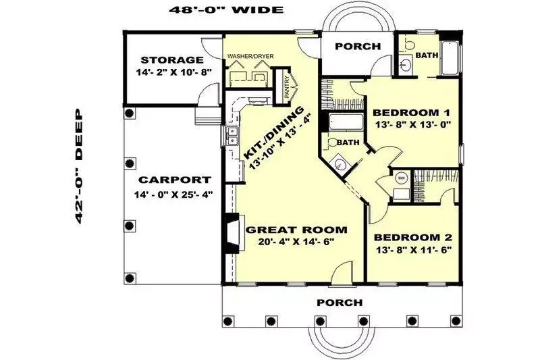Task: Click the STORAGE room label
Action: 172,60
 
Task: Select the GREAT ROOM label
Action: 296,230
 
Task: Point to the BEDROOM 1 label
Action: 412,113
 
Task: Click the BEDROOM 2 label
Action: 413,237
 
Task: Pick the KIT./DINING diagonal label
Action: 274,132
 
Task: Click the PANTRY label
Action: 286,87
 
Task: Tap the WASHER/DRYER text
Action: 250,56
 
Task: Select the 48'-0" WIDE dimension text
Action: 226,9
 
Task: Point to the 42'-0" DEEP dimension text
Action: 78,166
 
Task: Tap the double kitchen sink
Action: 232,135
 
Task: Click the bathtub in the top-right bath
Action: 450,57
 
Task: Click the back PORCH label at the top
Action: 358,46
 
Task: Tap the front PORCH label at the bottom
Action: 340,303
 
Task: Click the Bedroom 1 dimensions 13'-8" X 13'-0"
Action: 413,125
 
